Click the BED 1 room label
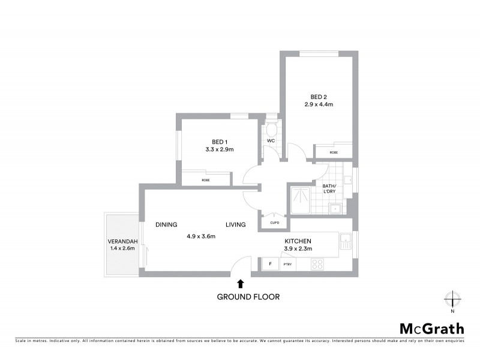[210, 142]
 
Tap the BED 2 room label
[318, 97]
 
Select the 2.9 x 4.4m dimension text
[319, 105]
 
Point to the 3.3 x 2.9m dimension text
[211, 149]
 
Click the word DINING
[166, 225]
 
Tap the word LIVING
[236, 225]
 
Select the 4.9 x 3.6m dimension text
[200, 236]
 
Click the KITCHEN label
[298, 242]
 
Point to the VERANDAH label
[124, 241]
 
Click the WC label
[271, 141]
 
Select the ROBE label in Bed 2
[334, 152]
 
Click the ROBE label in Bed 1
[205, 180]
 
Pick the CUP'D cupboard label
[274, 223]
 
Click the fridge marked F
[271, 264]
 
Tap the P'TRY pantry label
[287, 264]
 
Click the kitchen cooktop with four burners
[317, 263]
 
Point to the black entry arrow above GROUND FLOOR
[241, 283]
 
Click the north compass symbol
[452, 299]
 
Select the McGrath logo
[432, 328]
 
